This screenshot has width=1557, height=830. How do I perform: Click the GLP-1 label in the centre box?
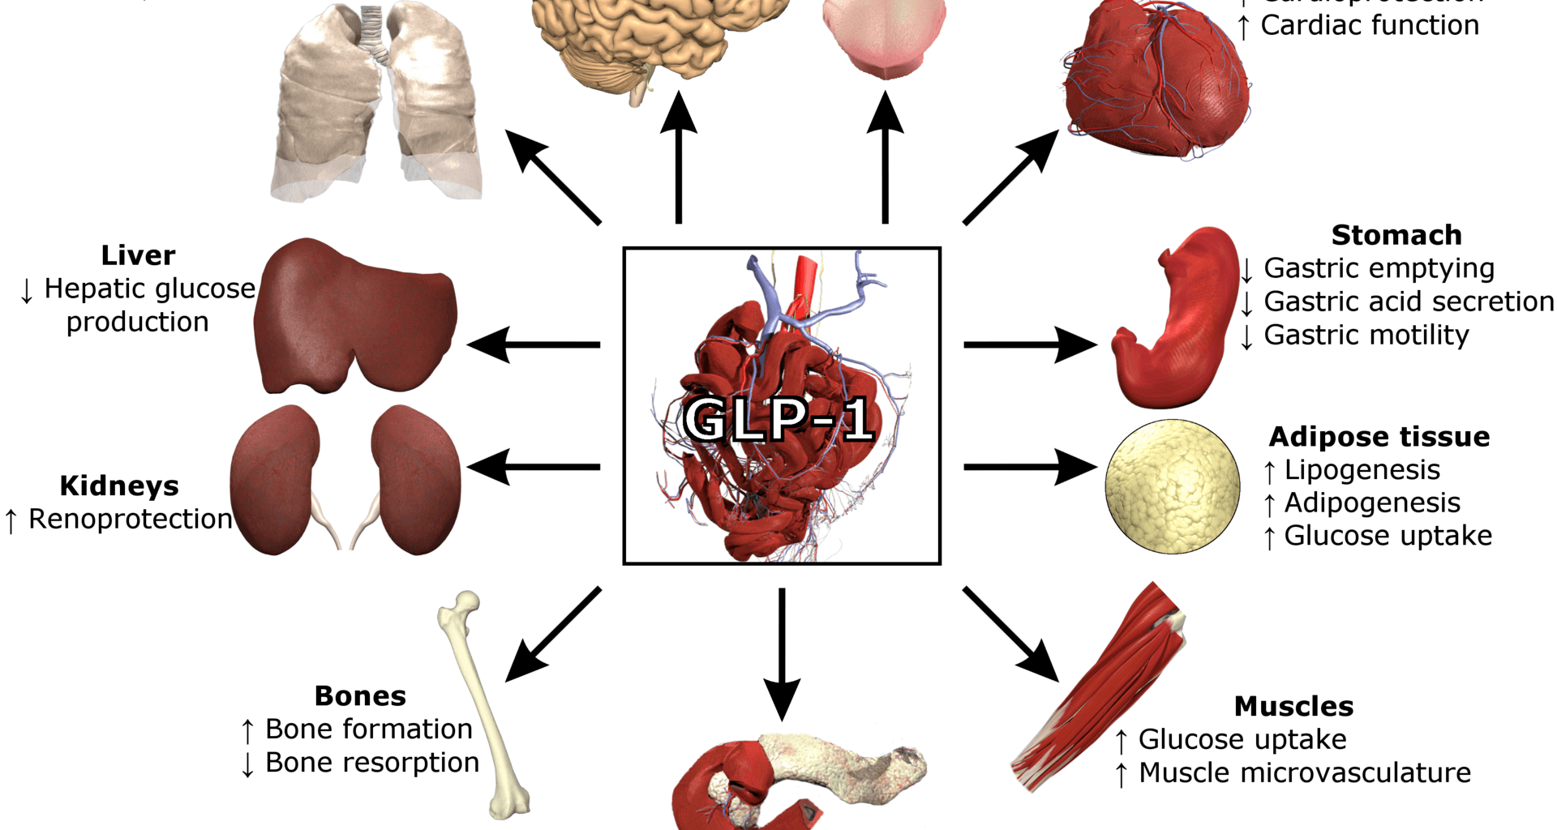[779, 419]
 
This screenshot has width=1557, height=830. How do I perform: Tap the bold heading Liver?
[138, 255]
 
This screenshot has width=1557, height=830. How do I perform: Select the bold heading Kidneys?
[119, 486]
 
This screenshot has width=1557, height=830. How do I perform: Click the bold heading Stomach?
[1396, 235]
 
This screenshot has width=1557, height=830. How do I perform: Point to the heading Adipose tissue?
[1379, 437]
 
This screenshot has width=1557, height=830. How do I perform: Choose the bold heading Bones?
[360, 696]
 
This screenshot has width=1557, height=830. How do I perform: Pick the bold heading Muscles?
[1293, 706]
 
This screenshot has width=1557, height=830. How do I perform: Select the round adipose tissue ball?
[1173, 486]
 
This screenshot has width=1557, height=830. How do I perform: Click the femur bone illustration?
[483, 705]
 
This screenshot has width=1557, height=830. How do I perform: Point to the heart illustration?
[1156, 81]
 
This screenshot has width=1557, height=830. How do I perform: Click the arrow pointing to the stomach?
[1030, 344]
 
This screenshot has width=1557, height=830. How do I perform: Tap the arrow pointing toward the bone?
[551, 636]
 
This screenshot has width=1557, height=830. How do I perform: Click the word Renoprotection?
[130, 520]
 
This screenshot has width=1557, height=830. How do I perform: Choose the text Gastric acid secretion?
[1409, 302]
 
